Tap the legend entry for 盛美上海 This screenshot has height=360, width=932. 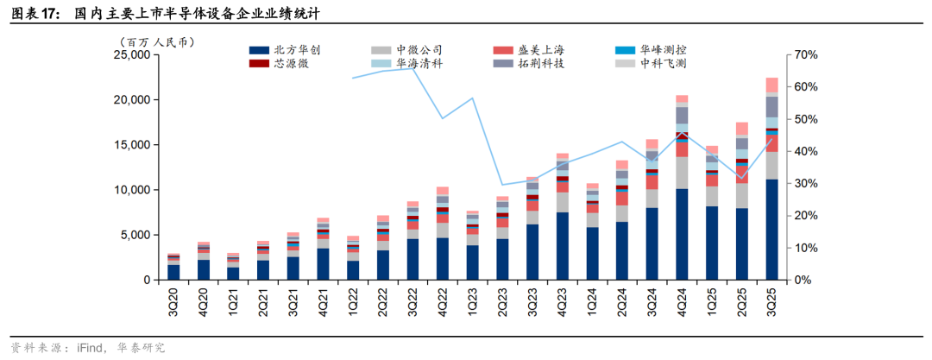point(543,50)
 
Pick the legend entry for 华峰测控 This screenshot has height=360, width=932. point(664,50)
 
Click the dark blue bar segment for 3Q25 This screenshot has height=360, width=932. point(771,230)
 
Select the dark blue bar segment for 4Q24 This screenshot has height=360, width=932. point(682,234)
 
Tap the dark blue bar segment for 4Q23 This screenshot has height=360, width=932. point(562,246)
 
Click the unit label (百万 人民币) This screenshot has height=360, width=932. point(156,41)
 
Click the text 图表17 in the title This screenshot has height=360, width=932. point(35,13)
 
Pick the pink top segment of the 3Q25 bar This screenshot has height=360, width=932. point(771,85)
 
